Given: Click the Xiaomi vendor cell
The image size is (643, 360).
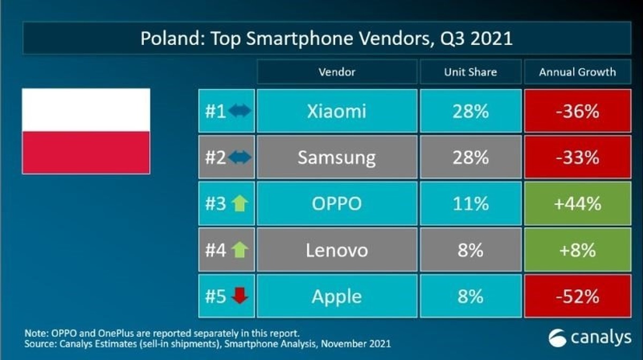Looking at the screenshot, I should (x=337, y=111).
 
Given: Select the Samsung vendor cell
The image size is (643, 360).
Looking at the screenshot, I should (x=337, y=157).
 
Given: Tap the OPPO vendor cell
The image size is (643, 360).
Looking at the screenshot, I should (x=337, y=204).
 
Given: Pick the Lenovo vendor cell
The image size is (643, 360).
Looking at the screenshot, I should (x=337, y=250).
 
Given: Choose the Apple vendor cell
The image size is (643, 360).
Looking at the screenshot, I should (x=337, y=296).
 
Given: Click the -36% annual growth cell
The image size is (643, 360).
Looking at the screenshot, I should (x=577, y=111).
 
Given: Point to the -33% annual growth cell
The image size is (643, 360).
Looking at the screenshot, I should (x=577, y=157).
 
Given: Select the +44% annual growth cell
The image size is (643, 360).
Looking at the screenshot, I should (x=577, y=204).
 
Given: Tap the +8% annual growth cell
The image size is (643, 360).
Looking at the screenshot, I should (x=577, y=250).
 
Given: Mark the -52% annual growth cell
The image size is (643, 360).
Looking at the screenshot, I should (x=577, y=296).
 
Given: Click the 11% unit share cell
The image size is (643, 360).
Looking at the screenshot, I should (x=470, y=204).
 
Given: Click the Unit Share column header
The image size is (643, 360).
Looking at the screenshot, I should (x=470, y=72).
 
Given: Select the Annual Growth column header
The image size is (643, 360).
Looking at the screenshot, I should (x=577, y=72).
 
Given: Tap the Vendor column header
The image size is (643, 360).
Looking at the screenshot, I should (x=337, y=72).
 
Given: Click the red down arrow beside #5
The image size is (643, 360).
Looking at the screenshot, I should (x=240, y=296).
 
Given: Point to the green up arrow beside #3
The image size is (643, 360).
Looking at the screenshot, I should (x=239, y=204).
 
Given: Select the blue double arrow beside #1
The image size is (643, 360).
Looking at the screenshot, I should (x=239, y=111).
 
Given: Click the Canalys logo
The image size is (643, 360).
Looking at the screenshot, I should (x=589, y=338).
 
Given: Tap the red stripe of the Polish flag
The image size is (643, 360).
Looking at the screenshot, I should (x=86, y=152).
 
